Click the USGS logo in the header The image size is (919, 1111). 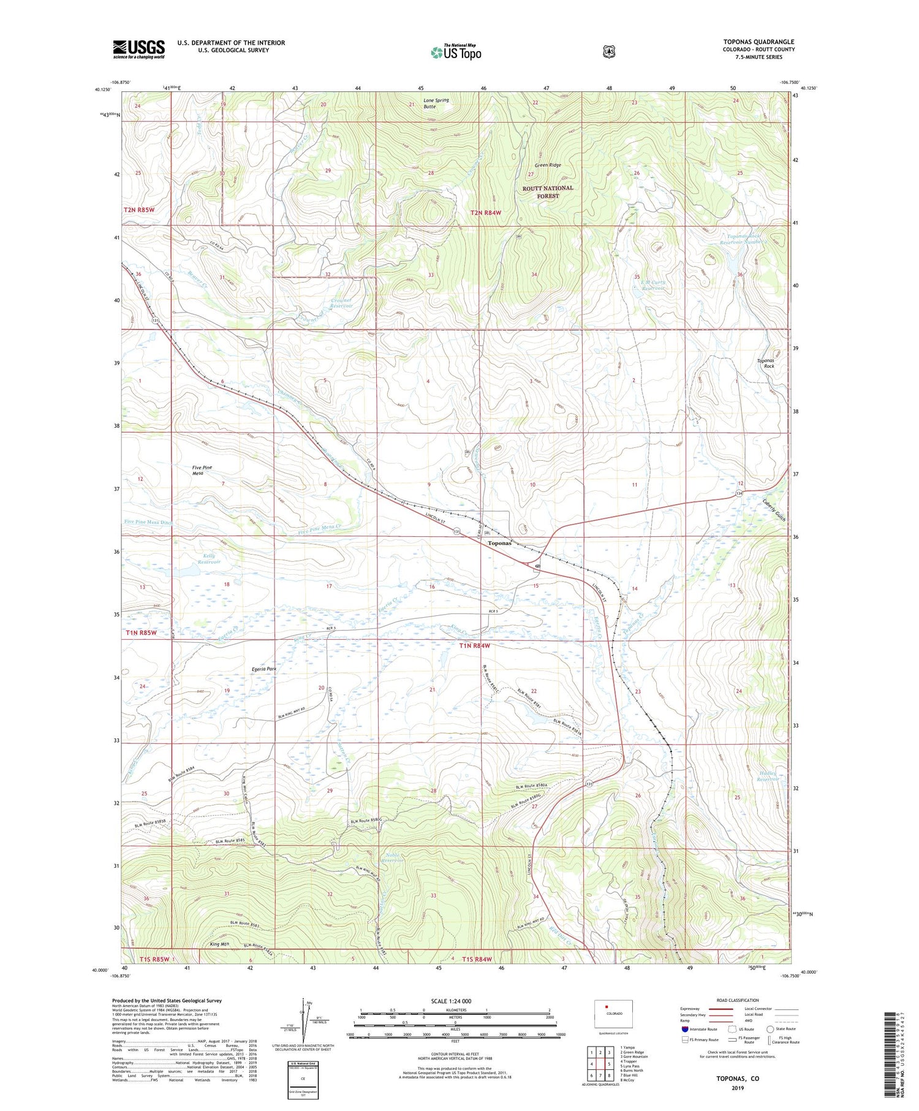tap(138, 49)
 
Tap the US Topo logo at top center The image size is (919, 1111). tap(456, 52)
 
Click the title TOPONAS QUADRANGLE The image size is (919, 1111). tap(758, 42)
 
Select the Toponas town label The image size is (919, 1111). tap(499, 544)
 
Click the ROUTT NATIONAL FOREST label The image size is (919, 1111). tap(548, 192)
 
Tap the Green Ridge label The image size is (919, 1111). tap(547, 165)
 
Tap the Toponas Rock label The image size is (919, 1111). tap(769, 363)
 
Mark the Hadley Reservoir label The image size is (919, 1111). tap(768, 777)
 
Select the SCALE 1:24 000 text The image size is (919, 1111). tap(451, 1001)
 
